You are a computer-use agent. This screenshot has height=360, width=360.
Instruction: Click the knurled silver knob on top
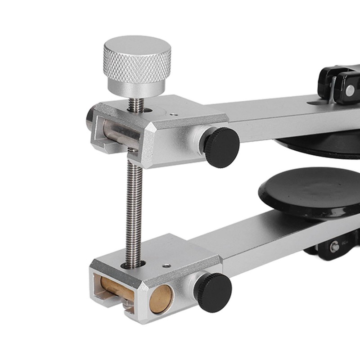point(137,58)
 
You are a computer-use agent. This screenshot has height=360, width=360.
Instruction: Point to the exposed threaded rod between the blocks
point(134,207)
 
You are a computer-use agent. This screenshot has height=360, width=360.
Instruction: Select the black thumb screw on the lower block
point(213,292)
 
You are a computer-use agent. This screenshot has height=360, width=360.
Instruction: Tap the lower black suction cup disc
point(310,191)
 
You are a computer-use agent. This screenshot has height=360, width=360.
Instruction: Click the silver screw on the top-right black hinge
point(350,90)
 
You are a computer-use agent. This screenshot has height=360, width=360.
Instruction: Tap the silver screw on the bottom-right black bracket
point(334,247)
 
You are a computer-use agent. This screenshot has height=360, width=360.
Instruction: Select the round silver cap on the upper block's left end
point(90,118)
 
